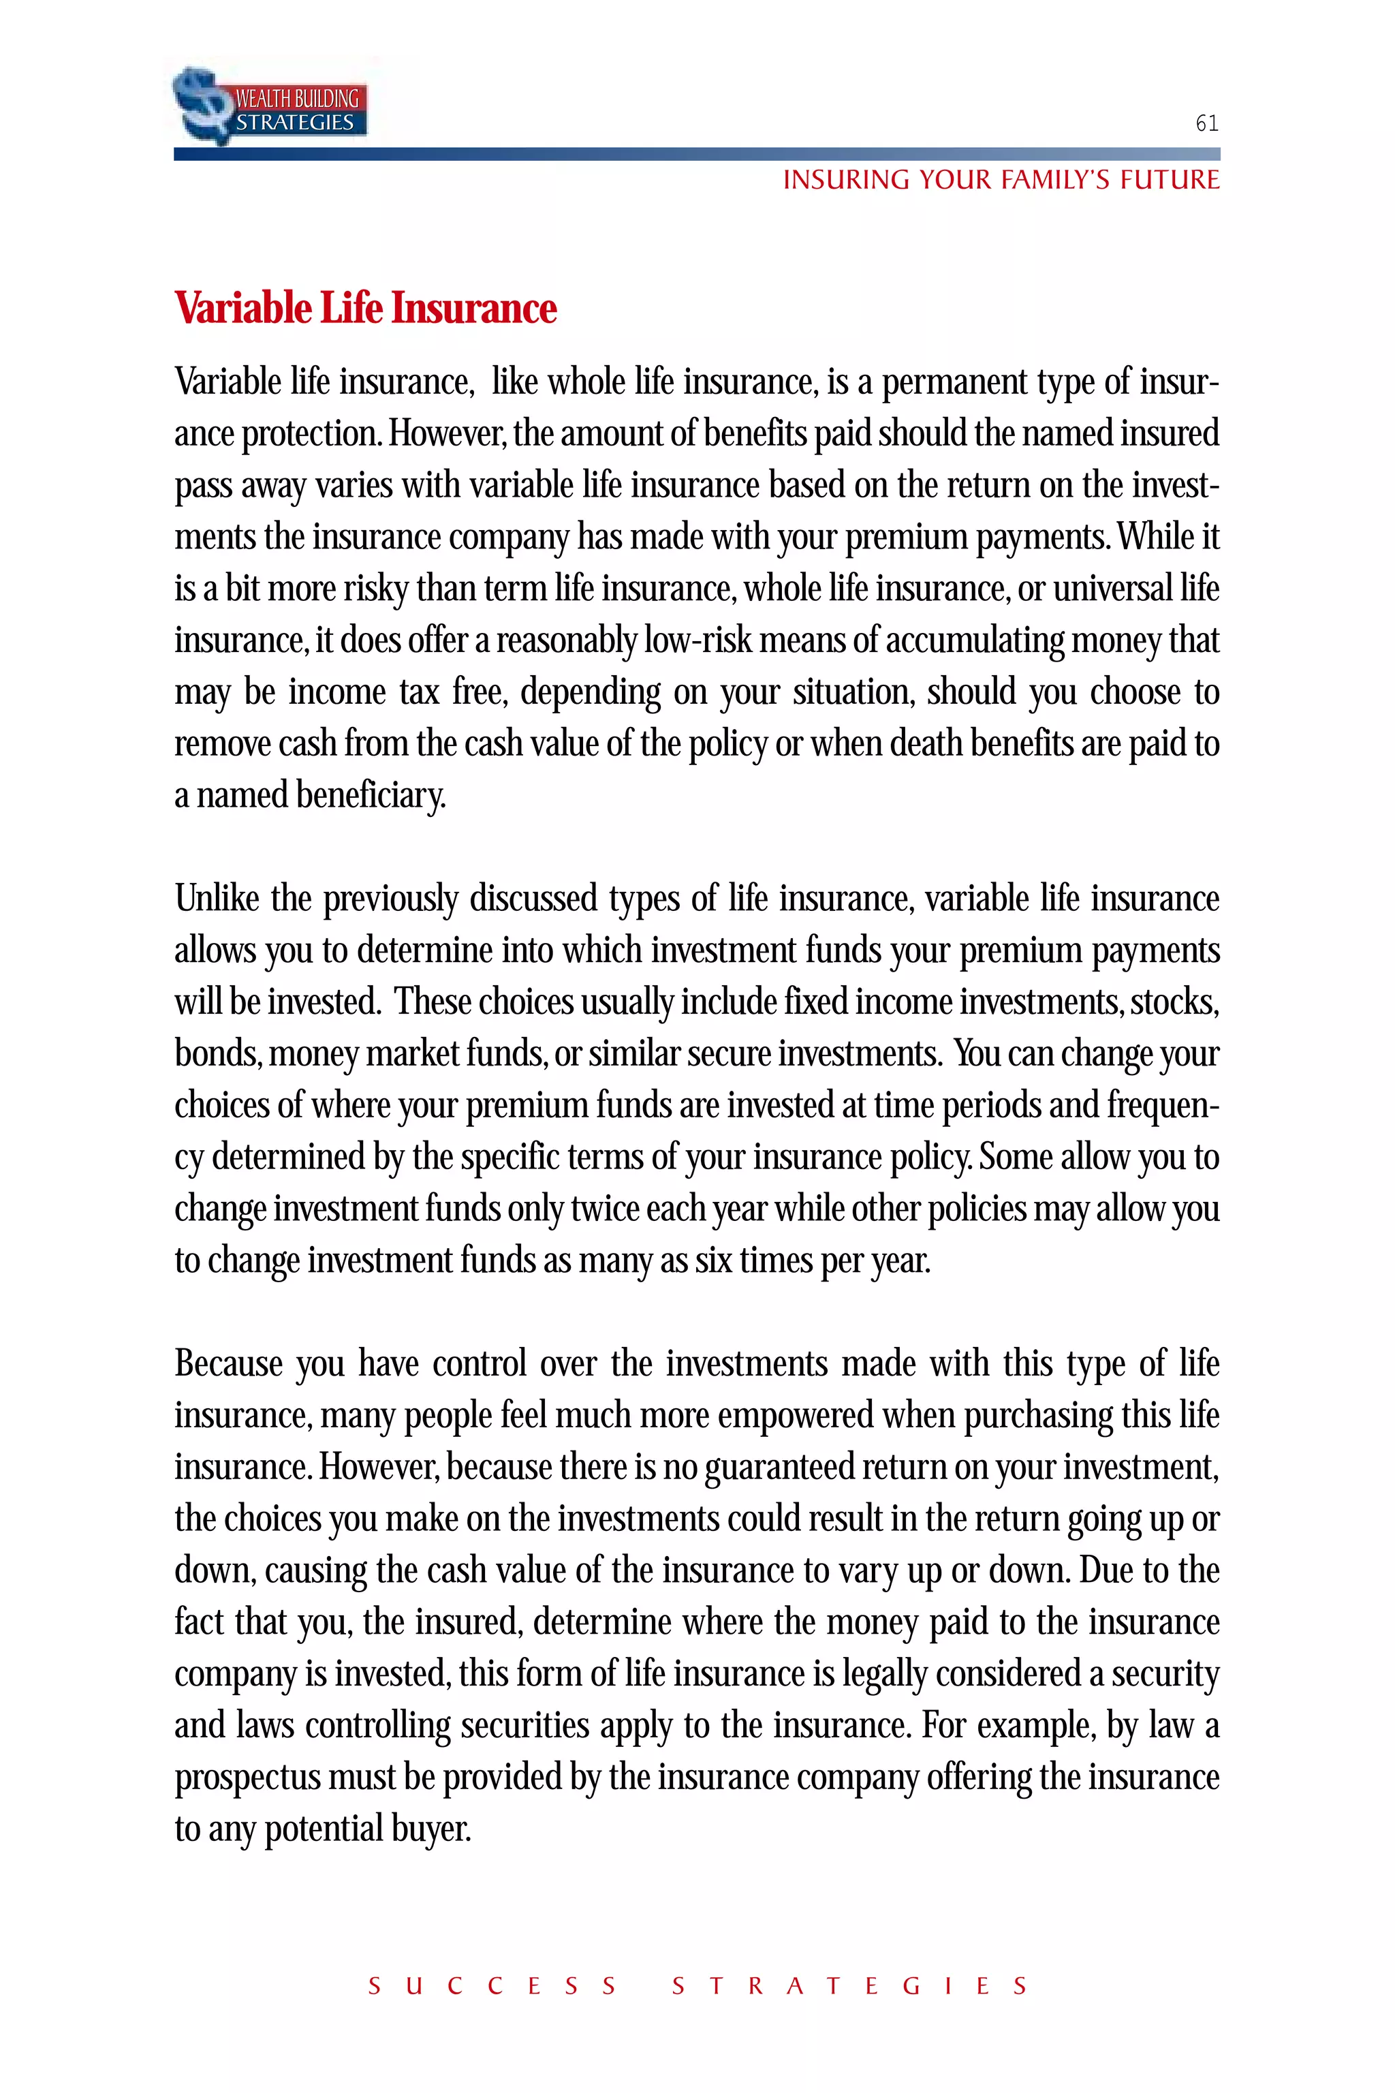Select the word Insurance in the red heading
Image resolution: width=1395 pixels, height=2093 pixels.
pos(473,309)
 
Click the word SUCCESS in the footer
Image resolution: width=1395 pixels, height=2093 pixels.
pos(492,1986)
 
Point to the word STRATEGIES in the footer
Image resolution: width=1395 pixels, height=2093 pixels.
pos(849,1986)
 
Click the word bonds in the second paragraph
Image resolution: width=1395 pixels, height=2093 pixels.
pos(217,1053)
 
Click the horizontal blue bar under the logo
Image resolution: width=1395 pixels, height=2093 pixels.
pos(697,154)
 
